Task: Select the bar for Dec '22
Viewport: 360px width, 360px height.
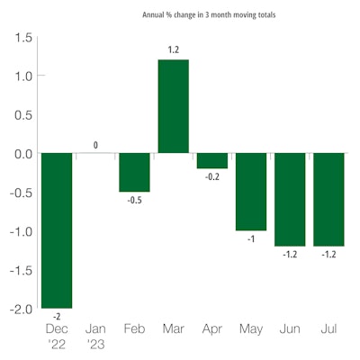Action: pyautogui.click(x=57, y=230)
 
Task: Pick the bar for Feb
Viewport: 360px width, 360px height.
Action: pyautogui.click(x=134, y=172)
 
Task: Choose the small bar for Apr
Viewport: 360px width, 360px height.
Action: pyautogui.click(x=211, y=161)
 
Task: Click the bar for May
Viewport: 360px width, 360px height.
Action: pyautogui.click(x=250, y=192)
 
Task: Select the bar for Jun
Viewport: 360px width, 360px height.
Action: pyautogui.click(x=289, y=199)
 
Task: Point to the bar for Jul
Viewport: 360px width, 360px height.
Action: pyautogui.click(x=328, y=199)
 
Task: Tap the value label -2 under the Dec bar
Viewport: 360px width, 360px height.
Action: pyautogui.click(x=57, y=316)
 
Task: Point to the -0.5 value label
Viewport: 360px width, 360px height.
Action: pyautogui.click(x=134, y=200)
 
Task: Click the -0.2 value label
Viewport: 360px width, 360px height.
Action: pyautogui.click(x=211, y=176)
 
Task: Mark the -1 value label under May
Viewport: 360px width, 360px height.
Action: pyautogui.click(x=250, y=238)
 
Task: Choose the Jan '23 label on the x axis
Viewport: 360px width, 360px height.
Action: pyautogui.click(x=95, y=337)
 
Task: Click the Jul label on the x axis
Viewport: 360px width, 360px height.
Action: pyautogui.click(x=328, y=330)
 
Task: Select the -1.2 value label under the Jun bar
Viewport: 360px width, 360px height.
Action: pyautogui.click(x=289, y=254)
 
